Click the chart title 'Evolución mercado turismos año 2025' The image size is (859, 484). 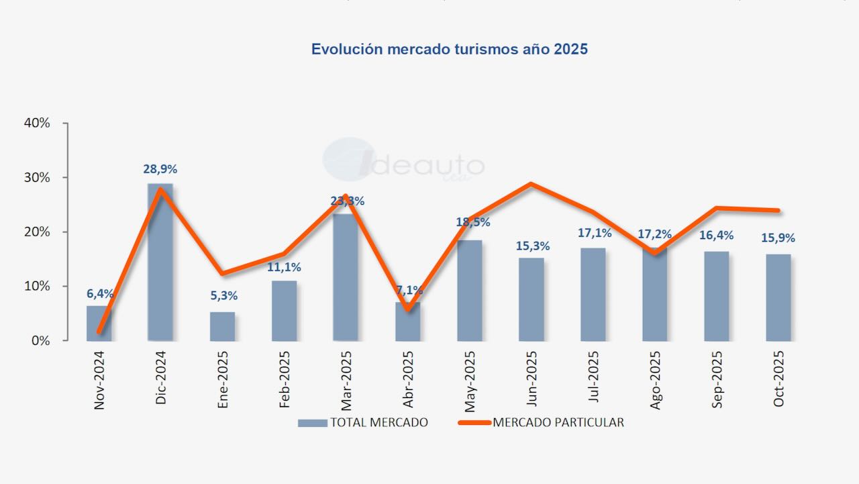click(449, 50)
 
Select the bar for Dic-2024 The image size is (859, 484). click(160, 262)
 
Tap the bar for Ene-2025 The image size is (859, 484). click(222, 326)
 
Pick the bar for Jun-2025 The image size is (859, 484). click(531, 299)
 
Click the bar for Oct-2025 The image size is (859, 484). click(778, 297)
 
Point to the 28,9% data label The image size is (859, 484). click(160, 169)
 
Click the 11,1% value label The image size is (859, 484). click(284, 267)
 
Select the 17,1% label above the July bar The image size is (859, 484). click(593, 233)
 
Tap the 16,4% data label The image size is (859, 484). click(716, 235)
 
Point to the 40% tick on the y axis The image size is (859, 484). click(38, 124)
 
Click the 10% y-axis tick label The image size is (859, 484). click(38, 287)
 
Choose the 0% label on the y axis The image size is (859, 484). click(41, 341)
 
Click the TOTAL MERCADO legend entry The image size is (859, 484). click(363, 423)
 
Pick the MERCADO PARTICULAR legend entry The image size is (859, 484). click(541, 423)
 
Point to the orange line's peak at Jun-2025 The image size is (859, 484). click(531, 184)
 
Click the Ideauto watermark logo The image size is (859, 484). click(403, 162)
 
